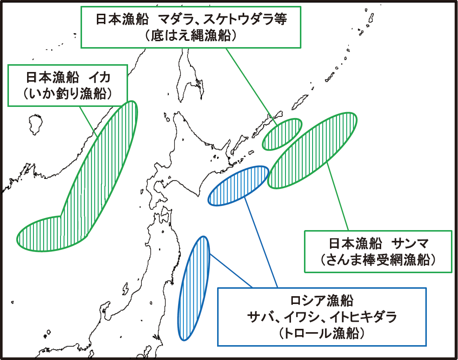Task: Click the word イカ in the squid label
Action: [100, 78]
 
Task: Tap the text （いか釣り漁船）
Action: [68, 94]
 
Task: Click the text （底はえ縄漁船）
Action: [190, 36]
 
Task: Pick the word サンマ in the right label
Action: [410, 244]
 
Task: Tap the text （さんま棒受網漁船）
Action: [378, 260]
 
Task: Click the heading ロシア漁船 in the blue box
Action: [321, 301]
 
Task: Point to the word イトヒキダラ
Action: [363, 317]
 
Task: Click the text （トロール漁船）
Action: [321, 334]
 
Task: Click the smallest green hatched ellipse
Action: [282, 134]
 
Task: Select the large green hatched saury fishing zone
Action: [312, 150]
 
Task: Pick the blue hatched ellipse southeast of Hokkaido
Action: [238, 186]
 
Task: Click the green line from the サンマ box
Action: [338, 197]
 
